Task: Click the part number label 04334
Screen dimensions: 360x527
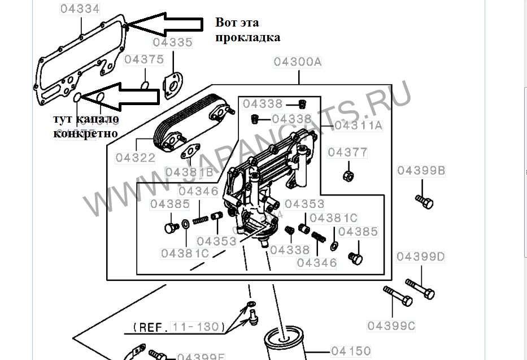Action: pyautogui.click(x=80, y=9)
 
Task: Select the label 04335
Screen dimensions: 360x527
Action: pyautogui.click(x=172, y=42)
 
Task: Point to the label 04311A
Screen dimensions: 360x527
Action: pyautogui.click(x=358, y=125)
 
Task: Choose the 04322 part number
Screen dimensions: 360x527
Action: pyautogui.click(x=136, y=158)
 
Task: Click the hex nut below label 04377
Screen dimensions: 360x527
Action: pyautogui.click(x=349, y=174)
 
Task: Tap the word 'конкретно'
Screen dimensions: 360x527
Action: pyautogui.click(x=86, y=133)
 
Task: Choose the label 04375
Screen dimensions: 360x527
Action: pyautogui.click(x=144, y=59)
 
